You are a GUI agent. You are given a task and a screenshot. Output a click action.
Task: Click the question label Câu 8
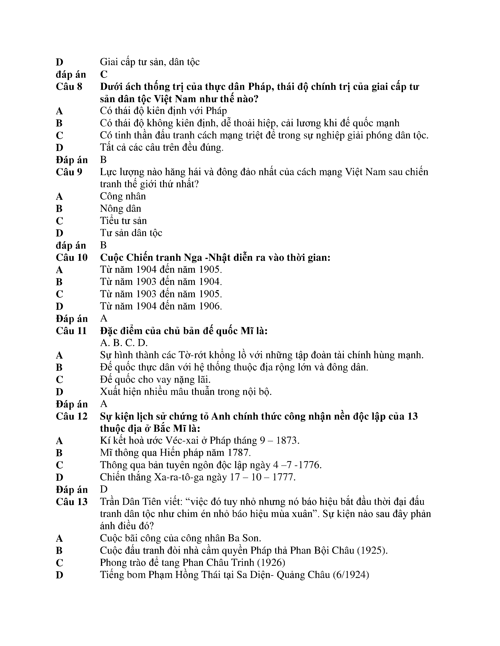[69, 87]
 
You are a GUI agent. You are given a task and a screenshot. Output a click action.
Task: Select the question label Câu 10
[72, 257]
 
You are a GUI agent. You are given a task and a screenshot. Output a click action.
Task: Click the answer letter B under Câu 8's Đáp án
[103, 160]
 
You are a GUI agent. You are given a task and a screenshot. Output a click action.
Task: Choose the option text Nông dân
[120, 209]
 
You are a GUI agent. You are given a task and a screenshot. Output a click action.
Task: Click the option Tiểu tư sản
[123, 221]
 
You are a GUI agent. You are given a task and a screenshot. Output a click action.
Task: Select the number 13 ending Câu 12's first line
[412, 416]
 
